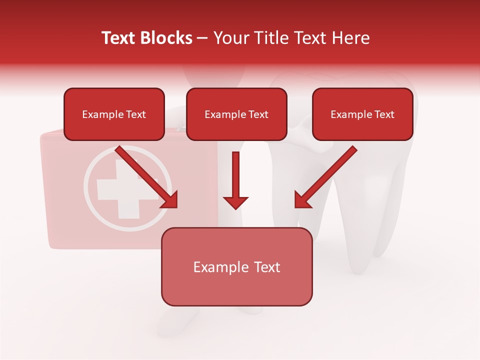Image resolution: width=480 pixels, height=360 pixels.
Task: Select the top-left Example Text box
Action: point(114,114)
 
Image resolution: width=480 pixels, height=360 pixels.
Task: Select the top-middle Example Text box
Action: point(236,114)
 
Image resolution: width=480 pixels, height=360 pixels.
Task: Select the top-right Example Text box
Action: point(362,114)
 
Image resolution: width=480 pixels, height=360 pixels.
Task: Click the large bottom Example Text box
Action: point(236,266)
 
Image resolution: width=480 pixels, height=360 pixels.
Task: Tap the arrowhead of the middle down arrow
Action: point(235,202)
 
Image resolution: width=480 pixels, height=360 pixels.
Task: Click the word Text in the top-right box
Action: point(384,114)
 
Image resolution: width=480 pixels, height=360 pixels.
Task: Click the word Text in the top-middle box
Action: point(258,114)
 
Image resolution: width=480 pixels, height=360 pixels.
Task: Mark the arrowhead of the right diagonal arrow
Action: point(302,199)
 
